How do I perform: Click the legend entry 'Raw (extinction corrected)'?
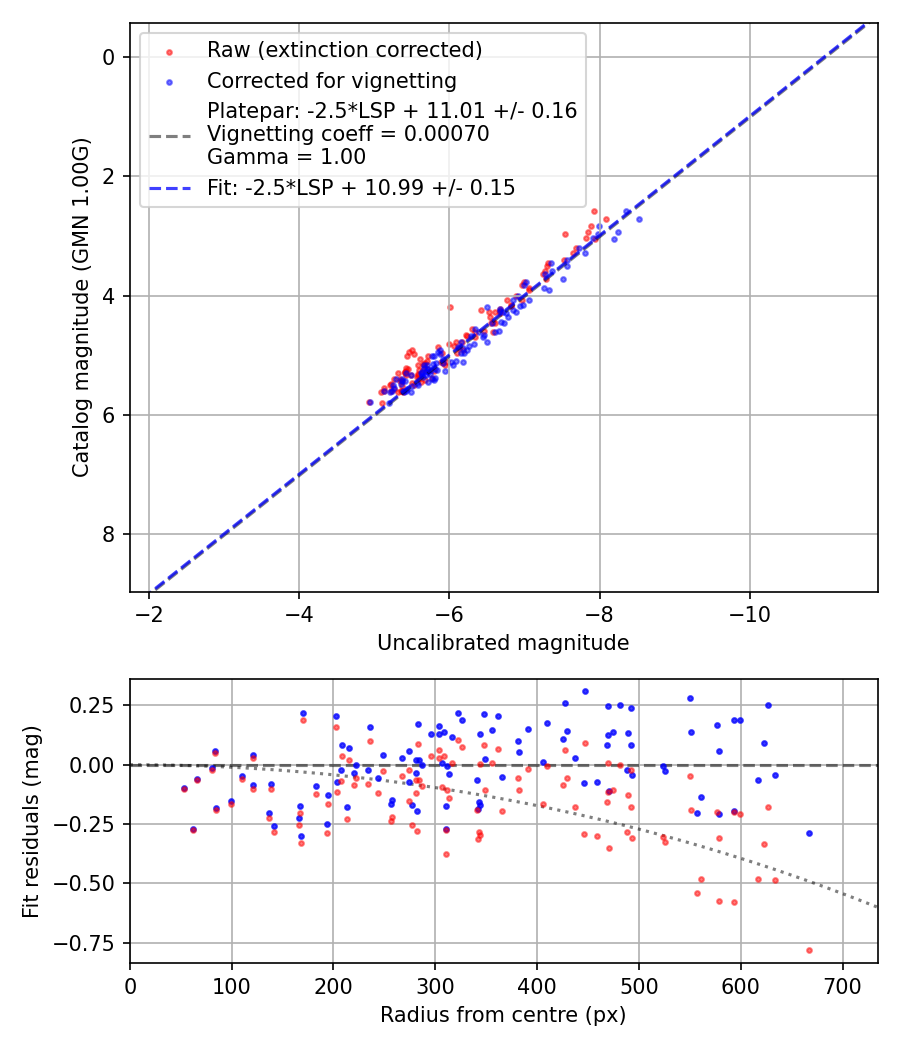(x=344, y=50)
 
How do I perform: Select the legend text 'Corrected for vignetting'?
(x=331, y=81)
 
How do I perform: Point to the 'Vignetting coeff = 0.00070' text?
(x=348, y=134)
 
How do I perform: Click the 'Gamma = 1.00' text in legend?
(x=286, y=157)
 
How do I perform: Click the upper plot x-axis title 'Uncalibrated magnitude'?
(x=503, y=643)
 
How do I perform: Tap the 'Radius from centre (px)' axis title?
(x=503, y=1015)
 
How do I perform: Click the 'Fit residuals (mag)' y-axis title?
(x=31, y=821)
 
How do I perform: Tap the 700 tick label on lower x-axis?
(x=842, y=986)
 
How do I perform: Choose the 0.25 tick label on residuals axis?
(x=96, y=706)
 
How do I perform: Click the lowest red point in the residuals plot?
(x=809, y=950)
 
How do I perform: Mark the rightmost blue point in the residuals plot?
(x=809, y=833)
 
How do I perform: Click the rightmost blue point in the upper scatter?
(x=639, y=219)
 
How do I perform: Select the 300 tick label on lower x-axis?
(x=435, y=986)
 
